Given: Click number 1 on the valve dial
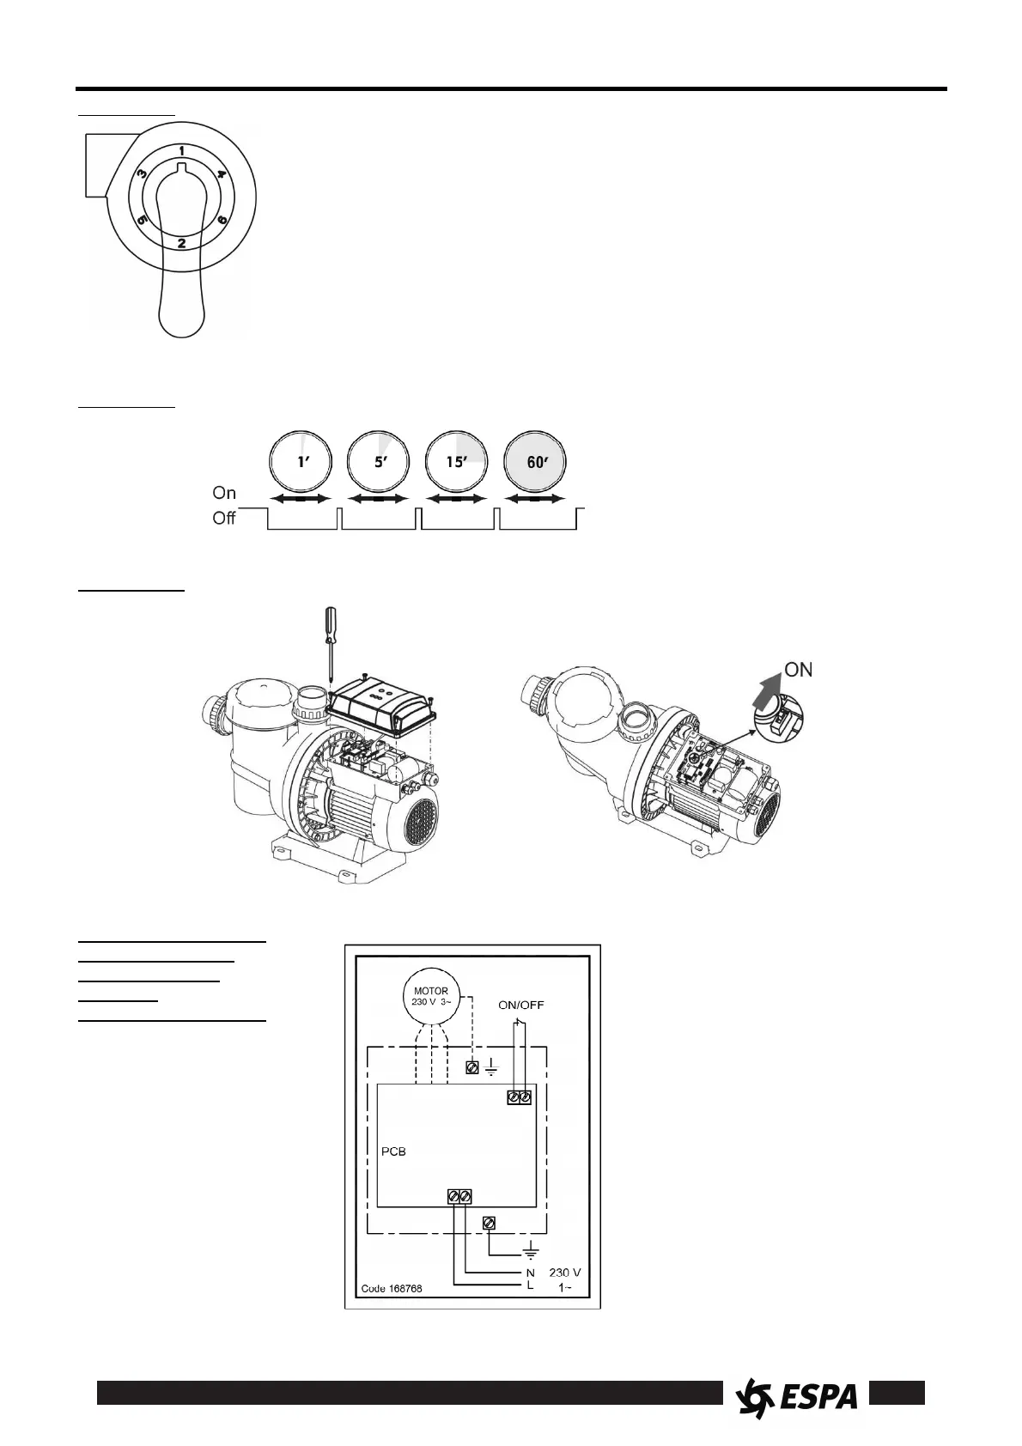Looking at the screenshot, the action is pos(182,151).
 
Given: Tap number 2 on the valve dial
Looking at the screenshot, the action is pos(182,243).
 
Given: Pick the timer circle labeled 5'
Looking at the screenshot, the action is pos(379,463).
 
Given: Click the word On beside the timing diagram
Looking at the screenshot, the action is pos(224,493).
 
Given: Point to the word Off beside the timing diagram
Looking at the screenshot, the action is pos(224,519).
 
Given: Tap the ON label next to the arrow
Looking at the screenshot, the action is pos(799,670).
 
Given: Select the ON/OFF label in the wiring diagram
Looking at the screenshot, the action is pos(521,1004).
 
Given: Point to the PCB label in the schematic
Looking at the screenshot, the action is pos(393,1151).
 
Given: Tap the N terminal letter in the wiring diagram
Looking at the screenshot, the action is pos(531,1272).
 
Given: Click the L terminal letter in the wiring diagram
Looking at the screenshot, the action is pos(531,1285).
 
